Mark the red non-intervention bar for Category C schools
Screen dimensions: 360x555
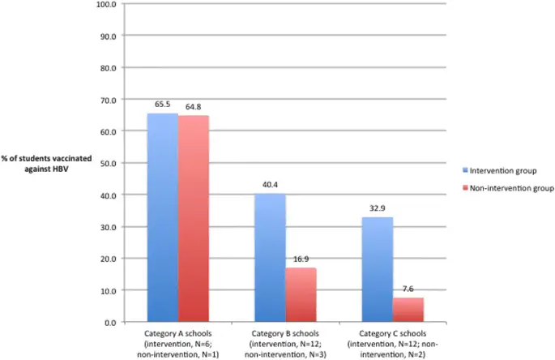(x=408, y=310)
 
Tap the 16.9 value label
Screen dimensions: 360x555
(x=301, y=260)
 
